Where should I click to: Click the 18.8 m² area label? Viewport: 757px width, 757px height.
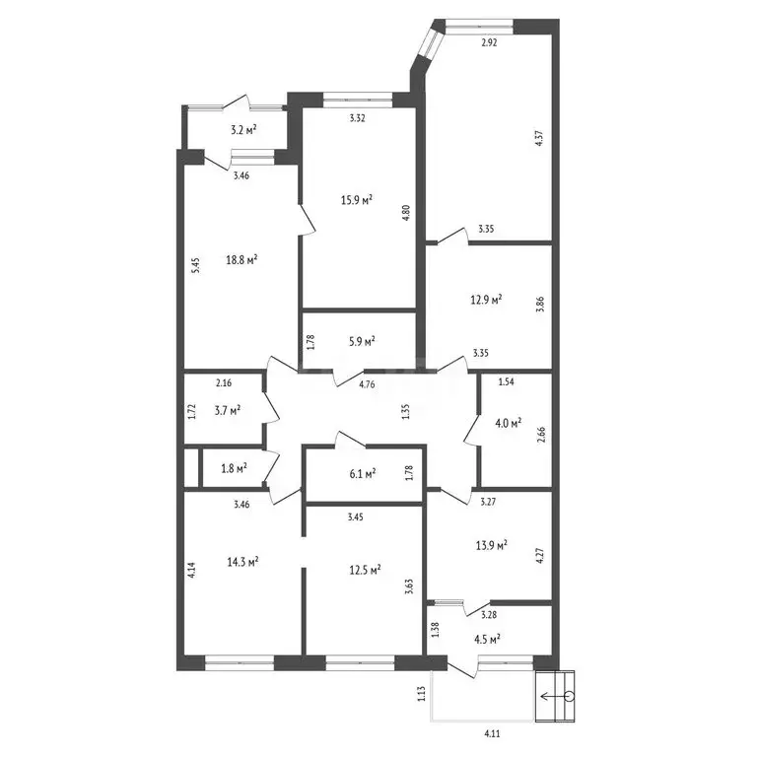pyautogui.click(x=241, y=260)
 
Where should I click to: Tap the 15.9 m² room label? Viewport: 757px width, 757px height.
pyautogui.click(x=356, y=199)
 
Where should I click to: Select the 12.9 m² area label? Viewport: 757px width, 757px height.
pyautogui.click(x=486, y=300)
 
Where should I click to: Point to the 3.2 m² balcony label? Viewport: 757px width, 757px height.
pyautogui.click(x=243, y=129)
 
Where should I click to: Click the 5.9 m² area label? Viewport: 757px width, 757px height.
pyautogui.click(x=363, y=342)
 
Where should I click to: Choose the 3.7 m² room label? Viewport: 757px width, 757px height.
pyautogui.click(x=228, y=411)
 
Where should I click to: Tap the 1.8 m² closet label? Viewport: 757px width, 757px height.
pyautogui.click(x=235, y=468)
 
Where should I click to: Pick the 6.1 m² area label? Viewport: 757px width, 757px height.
pyautogui.click(x=363, y=474)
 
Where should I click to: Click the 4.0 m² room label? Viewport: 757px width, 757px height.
pyautogui.click(x=509, y=424)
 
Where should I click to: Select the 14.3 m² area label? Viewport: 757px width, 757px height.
pyautogui.click(x=242, y=562)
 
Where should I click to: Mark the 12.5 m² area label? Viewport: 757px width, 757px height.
pyautogui.click(x=365, y=570)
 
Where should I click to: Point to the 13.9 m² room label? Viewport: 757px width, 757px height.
pyautogui.click(x=492, y=545)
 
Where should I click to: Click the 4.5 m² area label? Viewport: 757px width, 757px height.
pyautogui.click(x=487, y=639)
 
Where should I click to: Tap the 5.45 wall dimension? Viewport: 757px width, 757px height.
pyautogui.click(x=195, y=265)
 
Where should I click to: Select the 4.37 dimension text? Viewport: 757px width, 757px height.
pyautogui.click(x=540, y=139)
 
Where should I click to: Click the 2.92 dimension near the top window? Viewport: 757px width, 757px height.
pyautogui.click(x=489, y=42)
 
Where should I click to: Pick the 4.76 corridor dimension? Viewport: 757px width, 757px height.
pyautogui.click(x=368, y=384)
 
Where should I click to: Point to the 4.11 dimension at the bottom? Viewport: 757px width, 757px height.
pyautogui.click(x=492, y=734)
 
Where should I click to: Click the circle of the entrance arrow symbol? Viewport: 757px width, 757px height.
pyautogui.click(x=570, y=696)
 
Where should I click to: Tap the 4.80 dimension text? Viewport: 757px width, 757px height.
pyautogui.click(x=405, y=213)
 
